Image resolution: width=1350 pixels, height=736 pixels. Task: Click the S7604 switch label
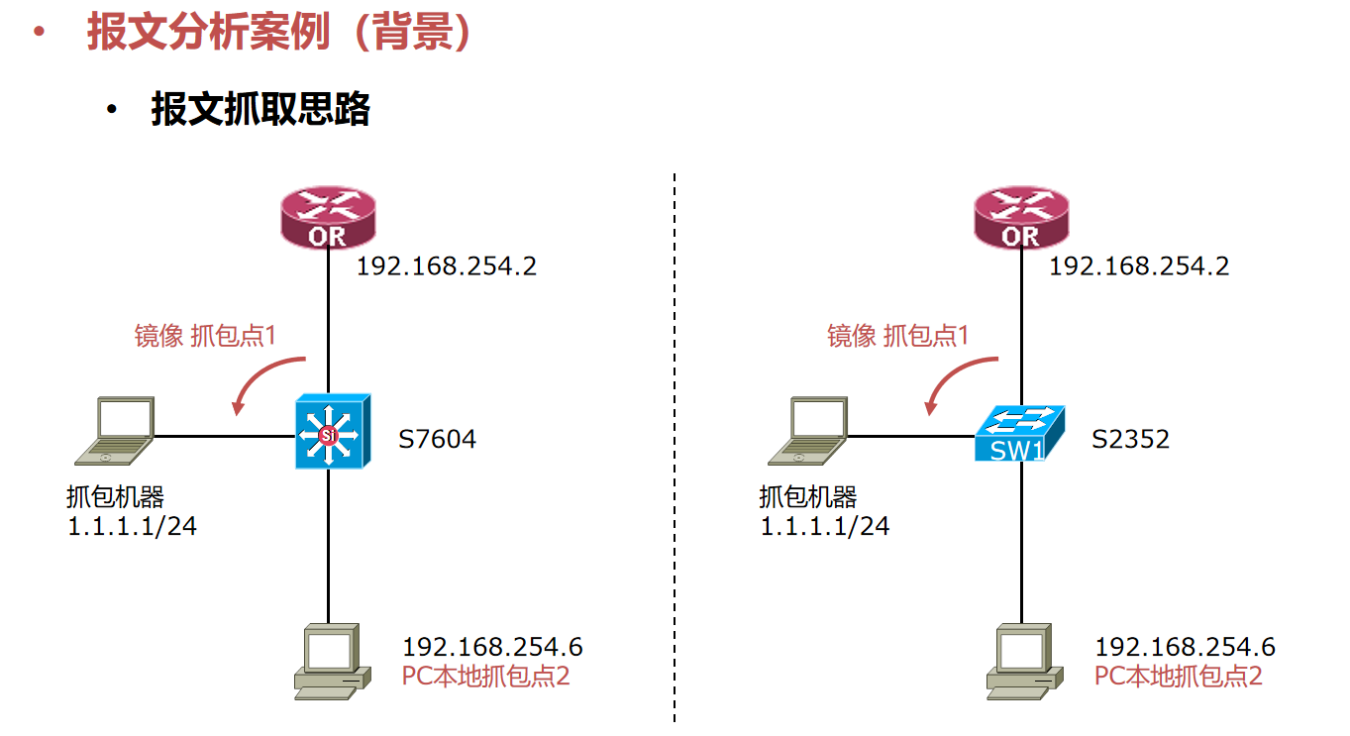(437, 438)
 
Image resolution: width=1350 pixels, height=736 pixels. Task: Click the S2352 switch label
(1130, 438)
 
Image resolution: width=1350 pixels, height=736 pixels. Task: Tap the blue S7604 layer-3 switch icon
(332, 432)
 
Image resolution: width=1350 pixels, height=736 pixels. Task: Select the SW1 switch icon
(1019, 434)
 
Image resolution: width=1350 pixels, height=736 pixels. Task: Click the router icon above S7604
(328, 219)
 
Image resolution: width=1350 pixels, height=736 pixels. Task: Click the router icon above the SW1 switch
(1020, 219)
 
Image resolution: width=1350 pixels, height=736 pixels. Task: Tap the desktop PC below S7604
(332, 662)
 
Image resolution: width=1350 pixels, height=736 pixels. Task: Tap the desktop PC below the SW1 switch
(1024, 662)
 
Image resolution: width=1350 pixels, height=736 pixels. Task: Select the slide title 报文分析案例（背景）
(278, 33)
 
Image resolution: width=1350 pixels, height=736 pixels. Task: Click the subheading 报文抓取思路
(260, 109)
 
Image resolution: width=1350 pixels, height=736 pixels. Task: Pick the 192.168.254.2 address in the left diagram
(446, 265)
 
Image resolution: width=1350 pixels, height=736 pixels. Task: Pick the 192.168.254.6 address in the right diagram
(1185, 648)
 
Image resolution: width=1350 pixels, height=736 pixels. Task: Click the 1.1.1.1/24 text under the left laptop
(132, 526)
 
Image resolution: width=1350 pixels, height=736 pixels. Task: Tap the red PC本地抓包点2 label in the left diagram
(485, 677)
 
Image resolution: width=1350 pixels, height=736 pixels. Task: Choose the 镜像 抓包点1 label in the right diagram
(897, 336)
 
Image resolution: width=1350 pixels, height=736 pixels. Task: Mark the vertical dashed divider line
(675, 446)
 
